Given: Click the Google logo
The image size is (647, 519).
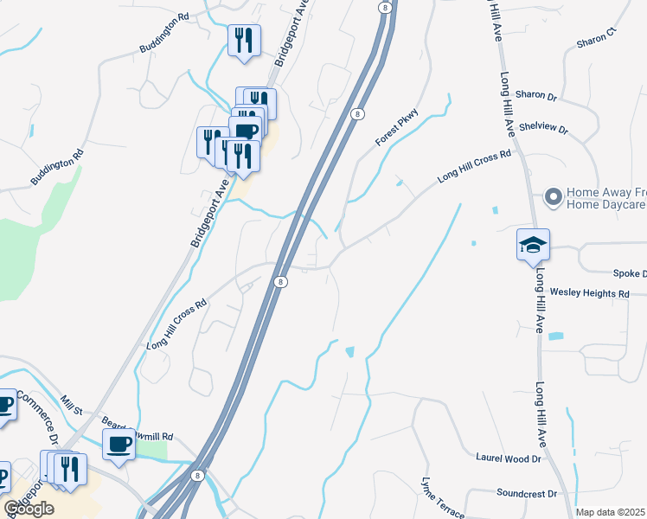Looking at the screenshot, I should [29, 509].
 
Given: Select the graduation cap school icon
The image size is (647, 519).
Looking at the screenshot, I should [533, 245].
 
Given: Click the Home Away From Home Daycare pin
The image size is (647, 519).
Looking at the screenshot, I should [552, 197].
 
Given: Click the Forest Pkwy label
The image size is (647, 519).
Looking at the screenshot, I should [396, 126].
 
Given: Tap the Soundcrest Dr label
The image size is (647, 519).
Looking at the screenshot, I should [527, 493].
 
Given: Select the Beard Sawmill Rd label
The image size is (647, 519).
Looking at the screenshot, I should [138, 431].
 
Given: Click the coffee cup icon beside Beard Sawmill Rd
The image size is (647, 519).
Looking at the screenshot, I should [119, 445].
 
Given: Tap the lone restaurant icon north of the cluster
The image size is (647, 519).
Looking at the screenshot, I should [244, 40].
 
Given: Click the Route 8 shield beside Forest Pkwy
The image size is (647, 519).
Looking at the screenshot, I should [356, 113].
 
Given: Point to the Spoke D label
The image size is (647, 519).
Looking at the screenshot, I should [630, 273].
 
